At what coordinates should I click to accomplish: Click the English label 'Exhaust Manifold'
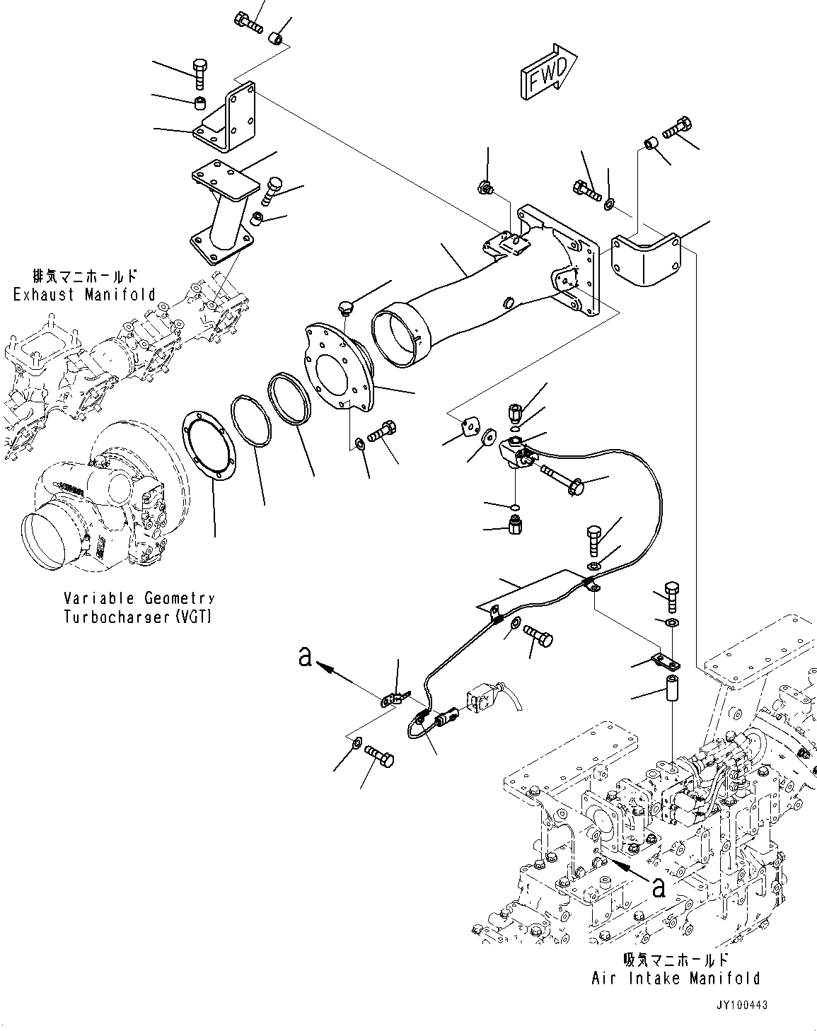(x=84, y=294)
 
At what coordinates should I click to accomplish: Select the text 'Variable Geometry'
(x=139, y=599)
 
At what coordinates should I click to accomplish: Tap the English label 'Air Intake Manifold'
(x=676, y=978)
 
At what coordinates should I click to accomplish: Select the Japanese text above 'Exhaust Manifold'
(x=84, y=276)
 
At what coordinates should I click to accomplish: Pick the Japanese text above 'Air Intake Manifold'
(x=676, y=960)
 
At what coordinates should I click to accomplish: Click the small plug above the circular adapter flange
(x=346, y=308)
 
